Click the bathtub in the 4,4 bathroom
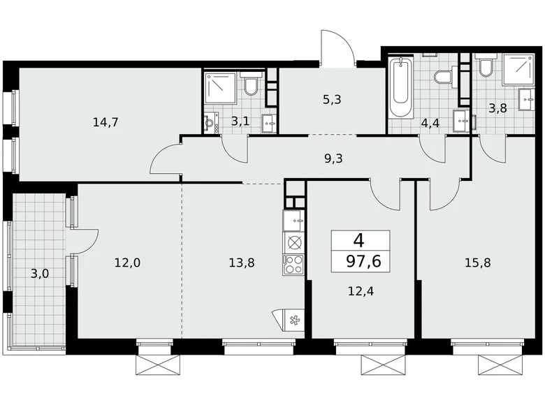401,89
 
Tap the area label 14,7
106,122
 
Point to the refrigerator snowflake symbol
293,320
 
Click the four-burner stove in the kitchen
294,265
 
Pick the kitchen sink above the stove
294,221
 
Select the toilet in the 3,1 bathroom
252,85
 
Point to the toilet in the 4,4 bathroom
442,75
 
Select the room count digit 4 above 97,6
359,241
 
